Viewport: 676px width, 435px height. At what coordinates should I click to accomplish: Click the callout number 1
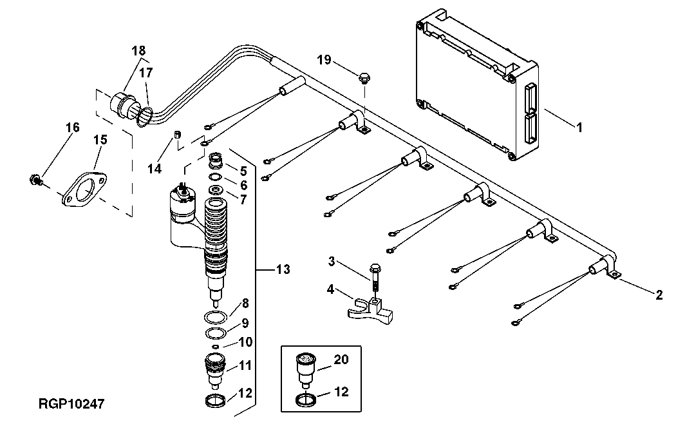pyautogui.click(x=579, y=128)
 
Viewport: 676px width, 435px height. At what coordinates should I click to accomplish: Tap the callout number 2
pyautogui.click(x=659, y=296)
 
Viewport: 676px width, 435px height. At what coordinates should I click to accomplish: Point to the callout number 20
pyautogui.click(x=341, y=360)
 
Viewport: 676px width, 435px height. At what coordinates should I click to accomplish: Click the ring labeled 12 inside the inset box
pyautogui.click(x=306, y=400)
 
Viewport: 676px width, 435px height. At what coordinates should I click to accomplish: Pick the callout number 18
pyautogui.click(x=138, y=50)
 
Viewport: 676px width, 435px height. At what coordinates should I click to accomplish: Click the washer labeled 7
pyautogui.click(x=216, y=189)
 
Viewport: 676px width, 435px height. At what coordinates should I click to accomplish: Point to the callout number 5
pyautogui.click(x=243, y=171)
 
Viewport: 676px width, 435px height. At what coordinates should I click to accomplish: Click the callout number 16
pyautogui.click(x=72, y=128)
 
